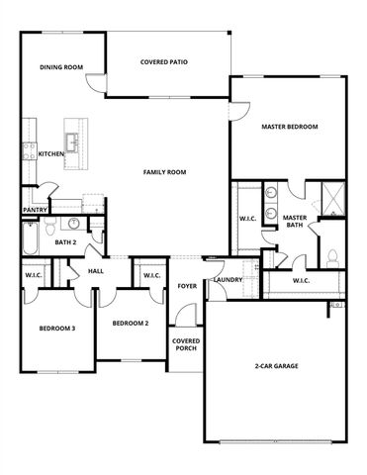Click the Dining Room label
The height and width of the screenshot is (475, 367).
coord(60,67)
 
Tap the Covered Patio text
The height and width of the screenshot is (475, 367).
coord(165,62)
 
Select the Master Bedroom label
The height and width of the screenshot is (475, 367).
coord(289,128)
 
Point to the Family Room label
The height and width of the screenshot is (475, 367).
coord(164,172)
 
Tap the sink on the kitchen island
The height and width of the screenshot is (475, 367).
coord(72,136)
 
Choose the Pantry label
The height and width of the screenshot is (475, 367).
coord(35,210)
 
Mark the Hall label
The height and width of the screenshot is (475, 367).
coord(96,270)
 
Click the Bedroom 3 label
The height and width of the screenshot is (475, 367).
coord(56,328)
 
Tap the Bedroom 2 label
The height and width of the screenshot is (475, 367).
coord(130,324)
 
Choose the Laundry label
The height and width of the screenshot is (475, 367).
coord(228,280)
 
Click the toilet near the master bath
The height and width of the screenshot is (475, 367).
coord(332,256)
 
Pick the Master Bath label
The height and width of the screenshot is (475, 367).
coord(294,222)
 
